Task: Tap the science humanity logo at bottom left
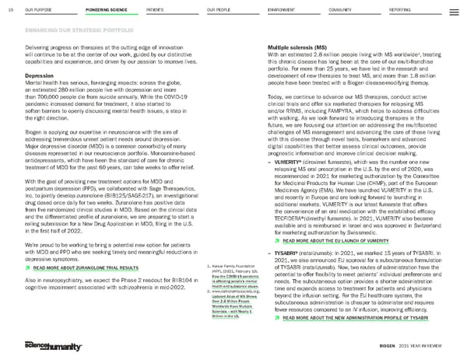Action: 40,345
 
